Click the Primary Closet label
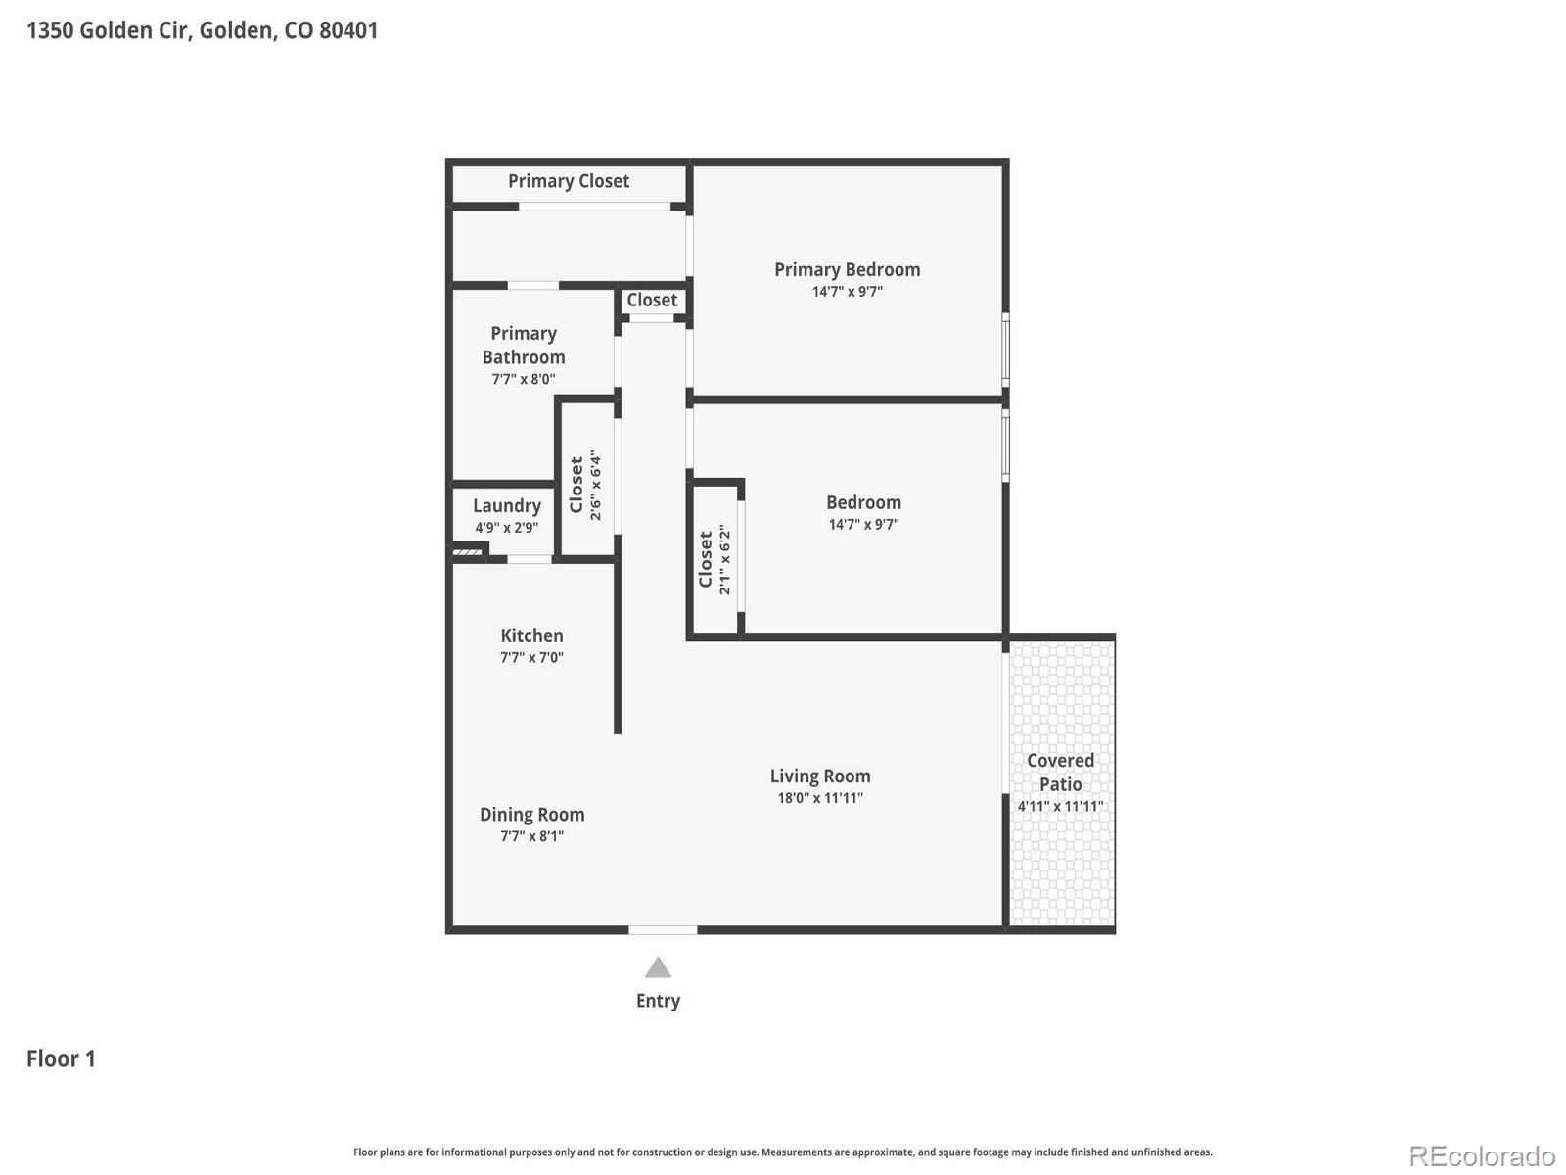tap(568, 181)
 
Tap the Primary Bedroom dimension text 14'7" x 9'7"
tap(847, 292)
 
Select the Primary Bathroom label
tap(524, 346)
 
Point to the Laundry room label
tap(506, 505)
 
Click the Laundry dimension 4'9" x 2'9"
tap(506, 528)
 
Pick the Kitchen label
tap(531, 635)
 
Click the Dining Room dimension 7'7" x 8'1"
tap(531, 836)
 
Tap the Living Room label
tap(819, 776)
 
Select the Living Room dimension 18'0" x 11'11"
tap(819, 798)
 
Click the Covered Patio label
tap(1060, 773)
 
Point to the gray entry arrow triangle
tap(658, 968)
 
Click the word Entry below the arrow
tap(658, 1001)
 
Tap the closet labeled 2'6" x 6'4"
tap(585, 484)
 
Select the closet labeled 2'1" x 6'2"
tap(714, 560)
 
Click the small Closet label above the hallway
tap(652, 301)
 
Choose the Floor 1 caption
tap(61, 1058)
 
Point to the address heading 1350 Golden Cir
tap(202, 30)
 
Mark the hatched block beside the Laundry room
tap(468, 553)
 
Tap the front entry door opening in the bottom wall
tap(663, 929)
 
